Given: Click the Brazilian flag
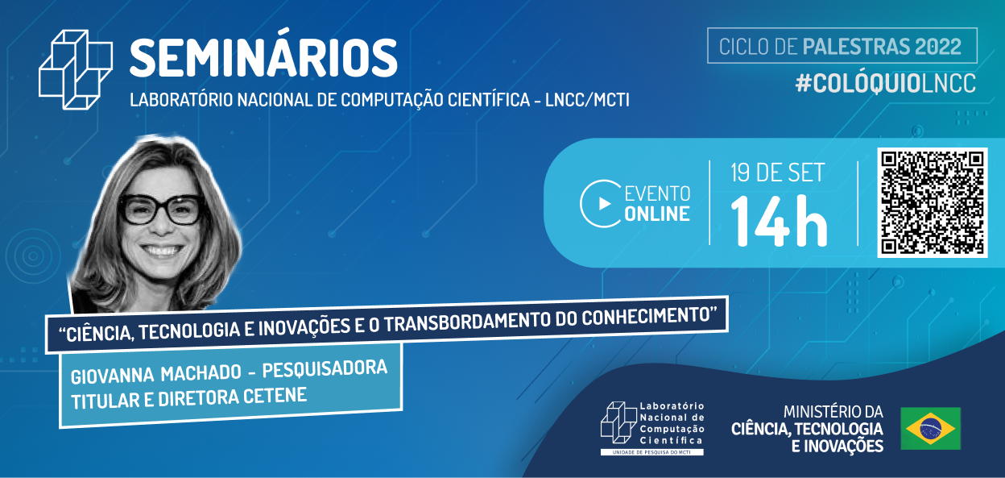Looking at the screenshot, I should [x=930, y=428].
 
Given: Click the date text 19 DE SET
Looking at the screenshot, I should [x=777, y=172].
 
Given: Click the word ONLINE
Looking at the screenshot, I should [x=657, y=214].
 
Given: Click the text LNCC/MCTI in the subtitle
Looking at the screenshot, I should [x=595, y=101].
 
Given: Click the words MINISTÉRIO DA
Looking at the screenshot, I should [x=828, y=411].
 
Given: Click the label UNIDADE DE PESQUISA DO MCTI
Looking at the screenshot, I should [x=652, y=452].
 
